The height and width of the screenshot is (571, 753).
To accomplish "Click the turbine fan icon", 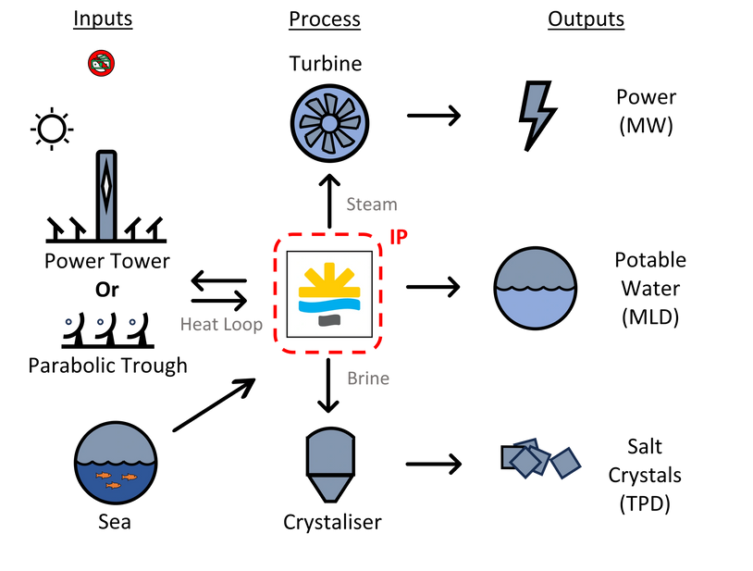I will (x=329, y=123).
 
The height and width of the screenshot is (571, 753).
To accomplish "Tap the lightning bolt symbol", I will (x=536, y=110).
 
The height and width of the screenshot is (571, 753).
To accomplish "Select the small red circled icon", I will (x=101, y=63).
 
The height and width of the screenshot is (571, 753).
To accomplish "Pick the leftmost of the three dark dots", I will (x=68, y=322).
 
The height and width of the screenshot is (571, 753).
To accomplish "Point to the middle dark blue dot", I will (x=100, y=322).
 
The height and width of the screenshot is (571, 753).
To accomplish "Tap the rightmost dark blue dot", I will (x=132, y=322).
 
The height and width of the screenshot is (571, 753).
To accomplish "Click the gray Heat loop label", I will (x=222, y=324).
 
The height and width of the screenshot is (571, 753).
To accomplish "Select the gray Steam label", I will (x=372, y=205).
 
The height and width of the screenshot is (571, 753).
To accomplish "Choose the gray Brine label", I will (x=368, y=378).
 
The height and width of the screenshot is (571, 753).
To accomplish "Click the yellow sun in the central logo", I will (x=329, y=281).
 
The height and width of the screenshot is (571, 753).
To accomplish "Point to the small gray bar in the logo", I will (x=329, y=320).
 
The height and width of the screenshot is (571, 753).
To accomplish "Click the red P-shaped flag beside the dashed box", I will (x=398, y=236).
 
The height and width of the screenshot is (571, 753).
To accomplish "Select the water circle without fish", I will (x=536, y=288).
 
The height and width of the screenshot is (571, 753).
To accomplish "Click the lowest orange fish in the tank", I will (x=113, y=485).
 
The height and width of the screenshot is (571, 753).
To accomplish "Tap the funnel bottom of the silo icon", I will (x=330, y=487).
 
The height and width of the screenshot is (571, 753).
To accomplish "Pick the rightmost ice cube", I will (x=564, y=462).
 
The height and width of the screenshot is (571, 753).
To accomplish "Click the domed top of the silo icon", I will (x=330, y=450).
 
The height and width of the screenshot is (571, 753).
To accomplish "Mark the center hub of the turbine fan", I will (x=329, y=123).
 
